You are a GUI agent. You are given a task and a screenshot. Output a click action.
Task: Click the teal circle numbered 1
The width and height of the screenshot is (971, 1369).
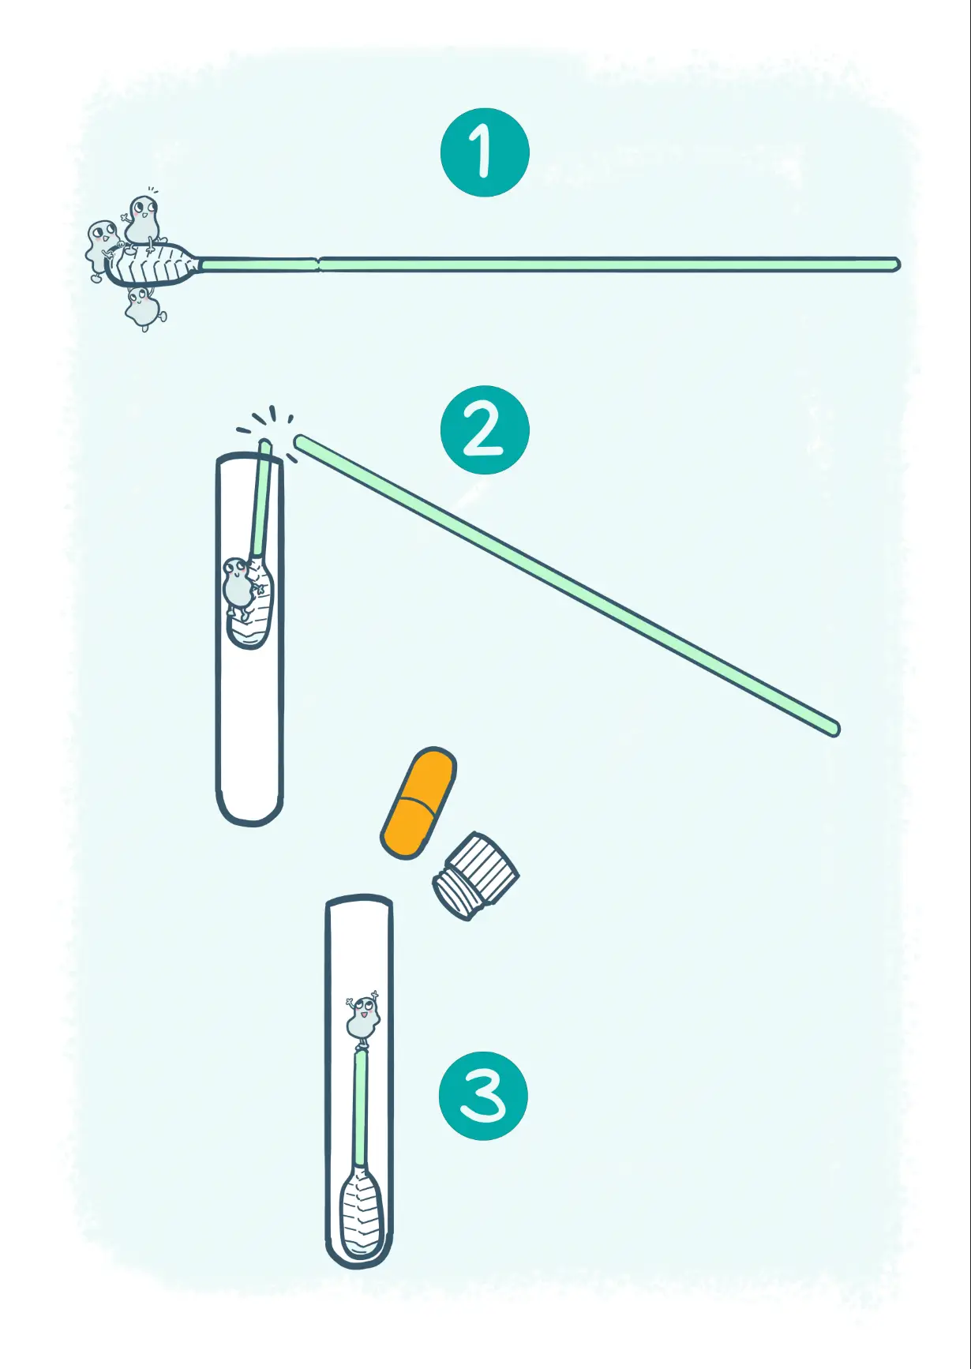click(x=485, y=152)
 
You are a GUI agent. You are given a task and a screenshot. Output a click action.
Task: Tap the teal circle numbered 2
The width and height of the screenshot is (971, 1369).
click(x=485, y=429)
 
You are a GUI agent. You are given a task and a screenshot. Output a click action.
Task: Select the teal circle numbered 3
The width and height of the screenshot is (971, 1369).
click(x=483, y=1095)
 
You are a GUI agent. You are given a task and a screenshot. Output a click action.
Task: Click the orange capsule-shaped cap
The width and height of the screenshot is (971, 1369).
click(x=418, y=802)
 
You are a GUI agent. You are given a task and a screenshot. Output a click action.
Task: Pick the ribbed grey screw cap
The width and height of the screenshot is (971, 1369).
click(x=476, y=876)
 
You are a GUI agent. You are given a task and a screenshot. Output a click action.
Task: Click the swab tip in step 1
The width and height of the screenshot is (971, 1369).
click(x=152, y=264)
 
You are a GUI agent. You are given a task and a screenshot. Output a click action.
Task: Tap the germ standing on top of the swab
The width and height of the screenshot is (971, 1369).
click(x=143, y=219)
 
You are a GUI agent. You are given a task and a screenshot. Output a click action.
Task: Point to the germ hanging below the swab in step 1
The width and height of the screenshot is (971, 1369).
click(x=144, y=308)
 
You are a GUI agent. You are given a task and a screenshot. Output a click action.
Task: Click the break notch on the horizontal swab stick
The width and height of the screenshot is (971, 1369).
click(x=318, y=264)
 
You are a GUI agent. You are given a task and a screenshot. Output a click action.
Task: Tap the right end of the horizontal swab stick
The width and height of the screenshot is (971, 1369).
click(x=895, y=264)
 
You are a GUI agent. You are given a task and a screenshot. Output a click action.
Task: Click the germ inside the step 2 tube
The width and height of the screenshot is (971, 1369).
click(x=238, y=587)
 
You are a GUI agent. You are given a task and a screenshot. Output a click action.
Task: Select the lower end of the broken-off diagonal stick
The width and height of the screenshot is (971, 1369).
click(x=834, y=730)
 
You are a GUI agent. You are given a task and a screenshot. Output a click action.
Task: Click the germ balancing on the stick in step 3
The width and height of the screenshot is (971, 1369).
click(x=363, y=1018)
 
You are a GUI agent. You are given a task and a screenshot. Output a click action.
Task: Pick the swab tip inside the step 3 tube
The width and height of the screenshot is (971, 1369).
click(x=361, y=1212)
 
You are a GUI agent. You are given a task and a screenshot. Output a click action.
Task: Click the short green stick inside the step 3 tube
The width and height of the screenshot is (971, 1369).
click(x=361, y=1108)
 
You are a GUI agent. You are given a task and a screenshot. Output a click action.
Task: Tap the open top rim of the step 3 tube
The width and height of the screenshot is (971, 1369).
click(x=359, y=901)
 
